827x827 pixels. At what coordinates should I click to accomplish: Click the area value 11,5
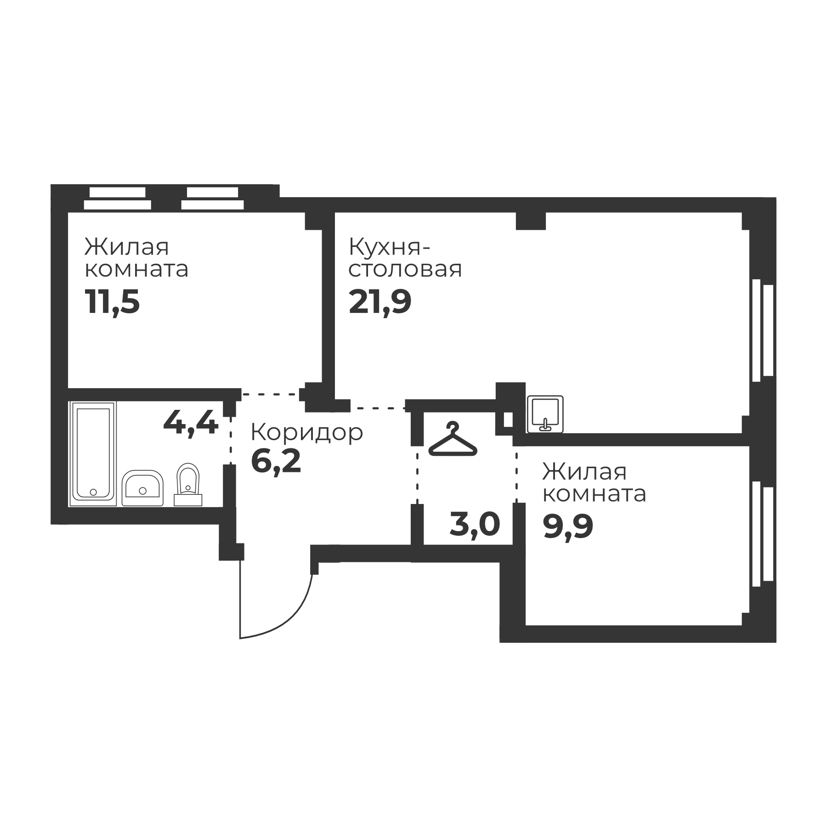tap(112, 302)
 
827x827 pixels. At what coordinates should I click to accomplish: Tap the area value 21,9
tap(380, 302)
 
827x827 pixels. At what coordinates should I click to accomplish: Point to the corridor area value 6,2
tap(276, 462)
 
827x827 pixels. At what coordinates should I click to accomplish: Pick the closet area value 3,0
tap(475, 524)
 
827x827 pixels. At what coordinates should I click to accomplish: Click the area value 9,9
tap(568, 526)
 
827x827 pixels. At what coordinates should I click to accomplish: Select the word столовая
tap(405, 269)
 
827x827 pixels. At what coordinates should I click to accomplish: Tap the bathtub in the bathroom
tap(93, 453)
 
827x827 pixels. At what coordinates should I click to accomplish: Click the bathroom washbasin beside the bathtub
tap(142, 488)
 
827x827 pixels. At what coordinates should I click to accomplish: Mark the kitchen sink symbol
tap(545, 413)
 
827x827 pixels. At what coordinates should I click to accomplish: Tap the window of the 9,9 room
tap(763, 534)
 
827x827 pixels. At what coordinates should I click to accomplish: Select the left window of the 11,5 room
tap(118, 198)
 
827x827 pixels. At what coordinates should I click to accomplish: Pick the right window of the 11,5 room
tap(212, 198)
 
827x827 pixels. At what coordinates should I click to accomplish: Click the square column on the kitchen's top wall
tap(531, 221)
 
